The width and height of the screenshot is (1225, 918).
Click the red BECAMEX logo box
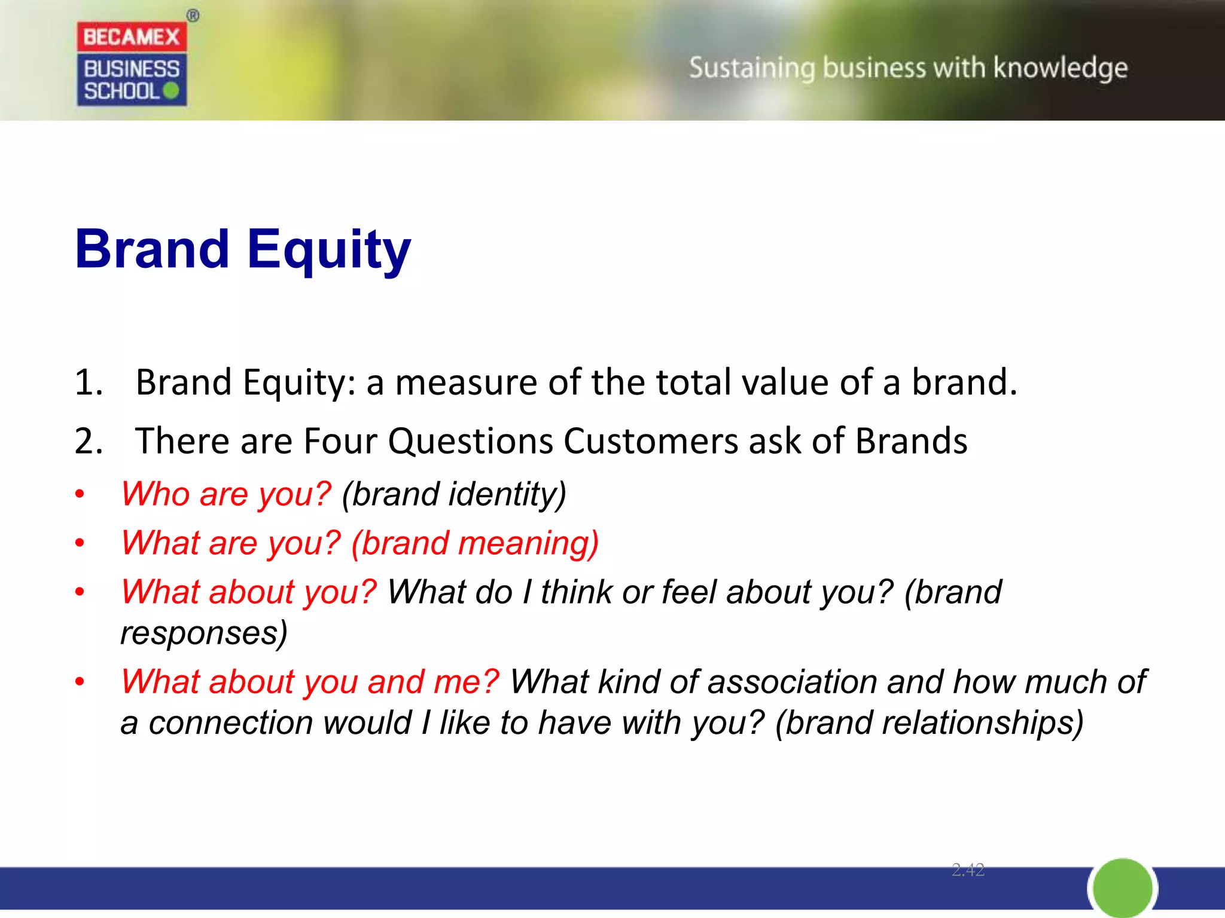tap(132, 37)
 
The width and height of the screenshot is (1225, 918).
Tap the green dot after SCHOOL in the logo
tap(171, 91)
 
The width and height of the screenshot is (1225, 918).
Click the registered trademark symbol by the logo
tap(193, 16)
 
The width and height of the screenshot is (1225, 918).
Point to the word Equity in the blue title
tap(329, 250)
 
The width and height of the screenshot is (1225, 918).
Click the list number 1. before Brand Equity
tap(89, 382)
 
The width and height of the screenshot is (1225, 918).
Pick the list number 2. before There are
tap(89, 442)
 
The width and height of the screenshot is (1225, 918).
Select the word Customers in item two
tap(650, 442)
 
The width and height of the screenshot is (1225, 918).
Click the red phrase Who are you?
tap(226, 494)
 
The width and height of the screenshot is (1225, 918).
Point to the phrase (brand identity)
tap(454, 494)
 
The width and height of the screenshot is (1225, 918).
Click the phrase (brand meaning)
tap(475, 543)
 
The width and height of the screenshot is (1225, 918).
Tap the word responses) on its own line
tap(204, 633)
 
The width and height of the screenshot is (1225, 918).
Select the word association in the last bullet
tap(792, 682)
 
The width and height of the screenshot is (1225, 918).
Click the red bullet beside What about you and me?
tap(80, 682)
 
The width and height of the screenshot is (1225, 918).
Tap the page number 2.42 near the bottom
tap(967, 870)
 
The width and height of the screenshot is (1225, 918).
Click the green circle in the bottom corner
tap(1122, 888)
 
